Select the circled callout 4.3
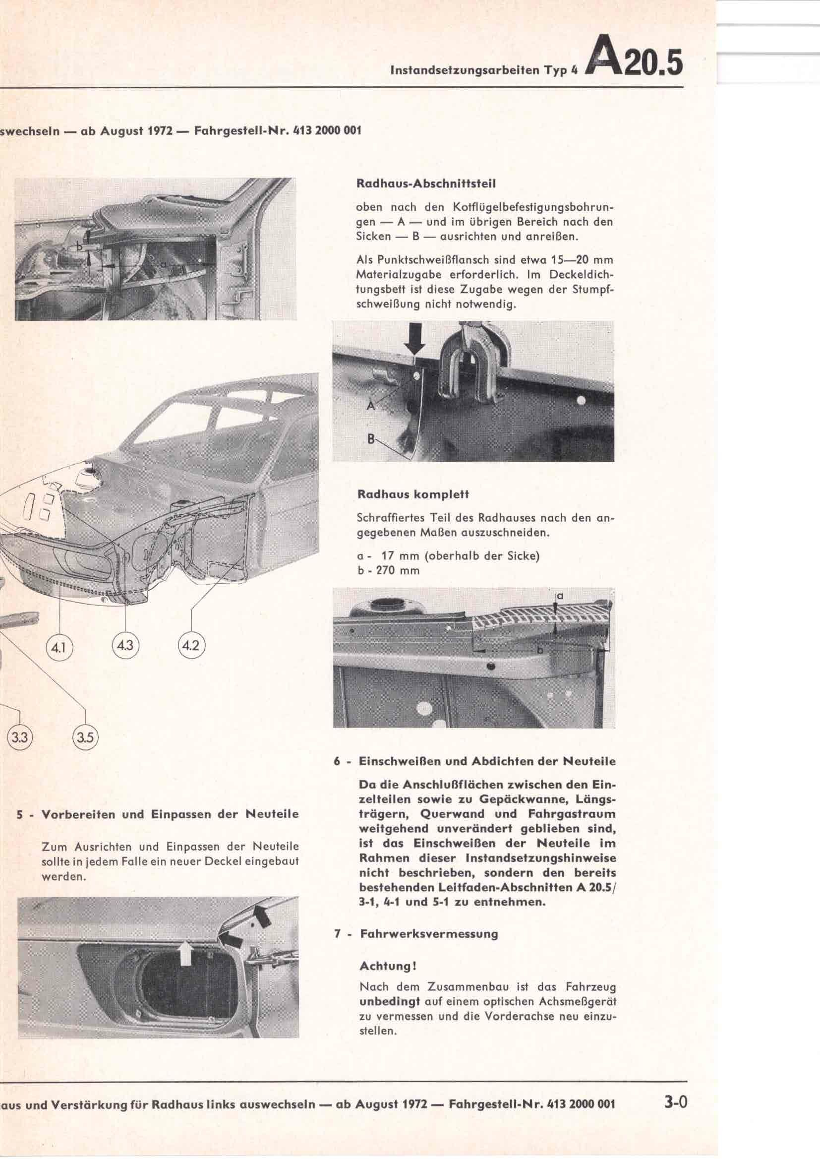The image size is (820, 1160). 125,646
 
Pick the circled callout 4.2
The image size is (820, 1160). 192,646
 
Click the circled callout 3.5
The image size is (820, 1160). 85,737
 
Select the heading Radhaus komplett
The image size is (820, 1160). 413,494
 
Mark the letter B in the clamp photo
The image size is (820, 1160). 371,439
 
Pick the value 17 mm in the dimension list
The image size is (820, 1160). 393,556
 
